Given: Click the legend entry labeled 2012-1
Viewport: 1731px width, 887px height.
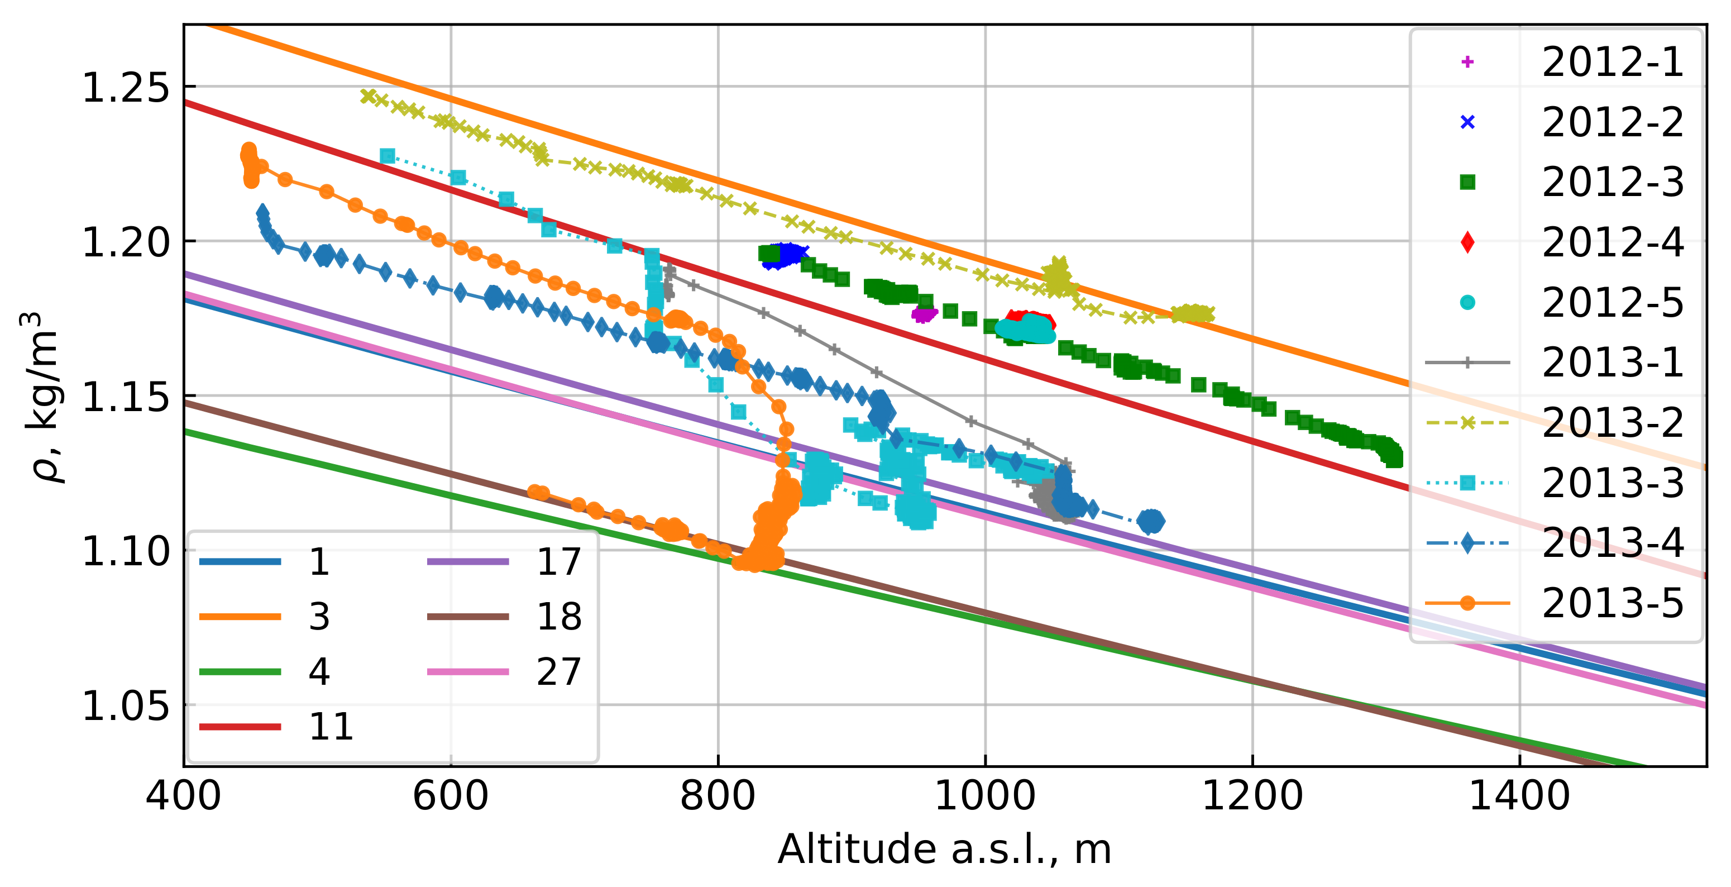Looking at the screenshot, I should click(x=1612, y=63).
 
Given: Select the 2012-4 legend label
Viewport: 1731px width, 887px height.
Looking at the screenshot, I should click(x=1612, y=243).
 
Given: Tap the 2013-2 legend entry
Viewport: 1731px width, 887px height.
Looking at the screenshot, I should click(x=1612, y=423).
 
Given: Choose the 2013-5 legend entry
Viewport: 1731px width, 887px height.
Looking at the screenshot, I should click(x=1612, y=603).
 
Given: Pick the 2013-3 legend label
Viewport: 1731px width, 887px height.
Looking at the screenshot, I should click(x=1612, y=483).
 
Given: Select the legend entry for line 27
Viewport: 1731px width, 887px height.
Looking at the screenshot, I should click(x=558, y=672).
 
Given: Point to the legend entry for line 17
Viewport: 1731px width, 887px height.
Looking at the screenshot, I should click(x=558, y=562).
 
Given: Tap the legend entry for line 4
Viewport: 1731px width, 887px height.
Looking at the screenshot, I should click(x=319, y=672).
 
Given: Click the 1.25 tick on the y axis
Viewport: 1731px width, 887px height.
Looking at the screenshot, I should click(x=125, y=87).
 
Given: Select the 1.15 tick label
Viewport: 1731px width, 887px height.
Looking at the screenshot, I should click(x=125, y=397).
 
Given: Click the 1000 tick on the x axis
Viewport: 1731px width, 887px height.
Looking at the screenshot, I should click(x=985, y=797).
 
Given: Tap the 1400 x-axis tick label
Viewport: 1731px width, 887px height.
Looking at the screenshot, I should click(x=1519, y=797).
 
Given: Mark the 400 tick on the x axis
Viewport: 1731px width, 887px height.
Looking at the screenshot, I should click(x=184, y=797).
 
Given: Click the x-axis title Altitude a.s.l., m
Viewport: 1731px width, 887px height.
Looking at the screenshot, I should click(x=944, y=850).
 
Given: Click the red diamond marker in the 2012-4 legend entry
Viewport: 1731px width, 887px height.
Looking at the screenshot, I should click(x=1467, y=242).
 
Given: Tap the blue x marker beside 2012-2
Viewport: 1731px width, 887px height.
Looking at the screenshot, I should click(x=1467, y=122).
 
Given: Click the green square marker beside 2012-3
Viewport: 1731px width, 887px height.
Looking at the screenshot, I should click(x=1467, y=182).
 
